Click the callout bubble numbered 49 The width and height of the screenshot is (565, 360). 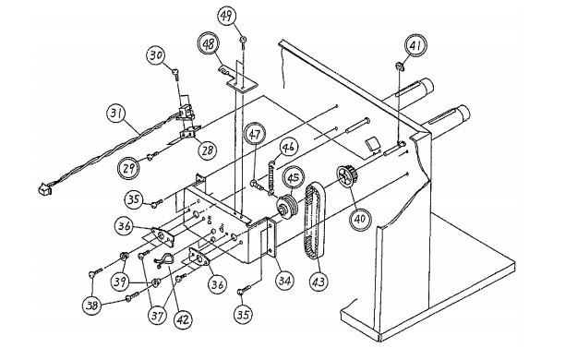pyautogui.click(x=227, y=16)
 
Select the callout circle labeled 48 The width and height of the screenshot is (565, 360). pyautogui.click(x=209, y=44)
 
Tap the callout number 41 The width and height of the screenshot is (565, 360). pyautogui.click(x=416, y=45)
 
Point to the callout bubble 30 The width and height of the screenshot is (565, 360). pyautogui.click(x=156, y=56)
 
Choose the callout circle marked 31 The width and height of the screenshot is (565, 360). pyautogui.click(x=115, y=114)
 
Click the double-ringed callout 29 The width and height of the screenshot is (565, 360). pyautogui.click(x=128, y=168)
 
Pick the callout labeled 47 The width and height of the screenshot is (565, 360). pyautogui.click(x=255, y=135)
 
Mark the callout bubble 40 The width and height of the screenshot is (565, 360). pyautogui.click(x=360, y=219)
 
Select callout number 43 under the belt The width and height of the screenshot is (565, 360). pyautogui.click(x=319, y=282)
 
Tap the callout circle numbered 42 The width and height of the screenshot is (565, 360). pyautogui.click(x=183, y=318)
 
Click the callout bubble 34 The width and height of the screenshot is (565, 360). pyautogui.click(x=284, y=280)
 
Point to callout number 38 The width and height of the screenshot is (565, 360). pyautogui.click(x=92, y=306)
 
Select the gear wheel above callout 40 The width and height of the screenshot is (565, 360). pyautogui.click(x=347, y=176)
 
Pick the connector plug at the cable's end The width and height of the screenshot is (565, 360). pyautogui.click(x=44, y=189)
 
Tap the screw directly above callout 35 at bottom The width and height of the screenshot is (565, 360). pyautogui.click(x=244, y=290)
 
